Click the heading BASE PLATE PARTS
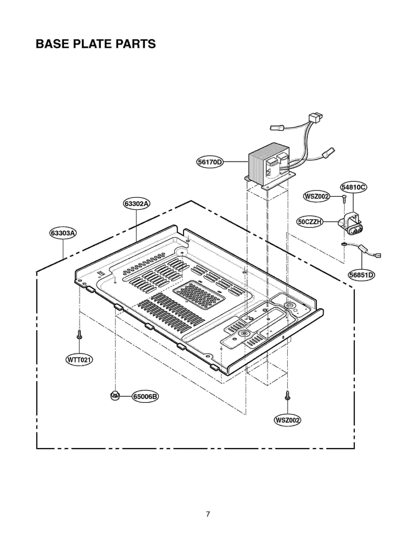point(96,44)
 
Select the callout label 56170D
point(210,162)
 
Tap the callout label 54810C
point(353,187)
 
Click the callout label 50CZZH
point(309,222)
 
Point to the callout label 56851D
point(361,275)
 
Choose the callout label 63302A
point(136,204)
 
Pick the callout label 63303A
point(63,233)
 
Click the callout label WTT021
point(79,360)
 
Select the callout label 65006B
point(145,397)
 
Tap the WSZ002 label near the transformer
point(316,196)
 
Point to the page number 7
point(208,514)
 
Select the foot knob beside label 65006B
point(115,396)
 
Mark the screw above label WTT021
point(80,334)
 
